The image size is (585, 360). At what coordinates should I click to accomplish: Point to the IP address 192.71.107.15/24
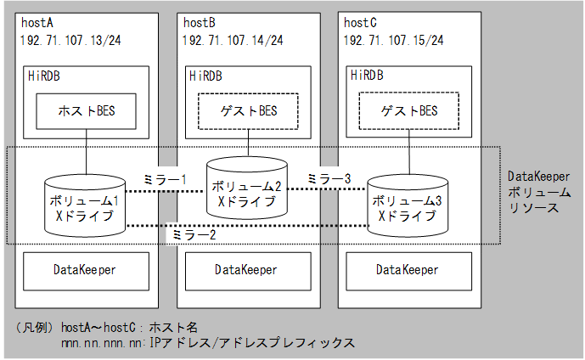pos(393,40)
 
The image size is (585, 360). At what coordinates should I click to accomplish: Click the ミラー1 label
pos(165,180)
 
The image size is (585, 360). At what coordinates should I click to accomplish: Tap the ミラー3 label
pos(328,179)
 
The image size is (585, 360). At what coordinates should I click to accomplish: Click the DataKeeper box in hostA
pos(84,271)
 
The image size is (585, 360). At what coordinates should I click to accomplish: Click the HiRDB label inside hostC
pos(367,76)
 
